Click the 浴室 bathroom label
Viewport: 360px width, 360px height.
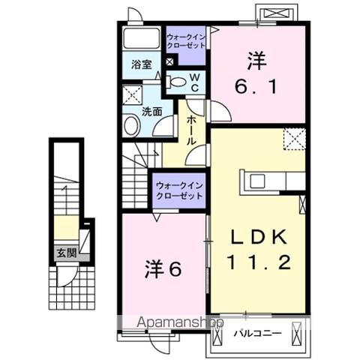pos(142,64)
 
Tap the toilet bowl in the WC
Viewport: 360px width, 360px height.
pos(178,82)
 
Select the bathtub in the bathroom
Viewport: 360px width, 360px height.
pos(142,38)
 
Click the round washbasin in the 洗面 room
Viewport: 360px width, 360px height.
pos(132,126)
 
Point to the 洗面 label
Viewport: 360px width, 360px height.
pos(152,112)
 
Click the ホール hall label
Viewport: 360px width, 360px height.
pos(191,130)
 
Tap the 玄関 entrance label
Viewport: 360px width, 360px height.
pos(66,253)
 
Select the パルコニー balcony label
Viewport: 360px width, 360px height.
pos(257,333)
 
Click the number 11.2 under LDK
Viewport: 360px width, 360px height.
pos(259,262)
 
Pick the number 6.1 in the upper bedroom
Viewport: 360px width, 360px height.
pos(256,87)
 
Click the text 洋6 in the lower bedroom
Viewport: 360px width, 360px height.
pos(163,269)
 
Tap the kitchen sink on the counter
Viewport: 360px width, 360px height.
pos(257,181)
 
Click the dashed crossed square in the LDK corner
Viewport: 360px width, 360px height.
pos(295,139)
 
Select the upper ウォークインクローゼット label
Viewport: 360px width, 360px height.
pos(186,41)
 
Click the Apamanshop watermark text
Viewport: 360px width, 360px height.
pos(180,322)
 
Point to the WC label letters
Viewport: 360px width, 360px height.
pos(195,82)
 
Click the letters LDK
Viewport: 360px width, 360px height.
pos(259,237)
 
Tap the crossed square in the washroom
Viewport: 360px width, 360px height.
pos(132,94)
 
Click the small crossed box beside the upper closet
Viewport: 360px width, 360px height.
pos(169,62)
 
